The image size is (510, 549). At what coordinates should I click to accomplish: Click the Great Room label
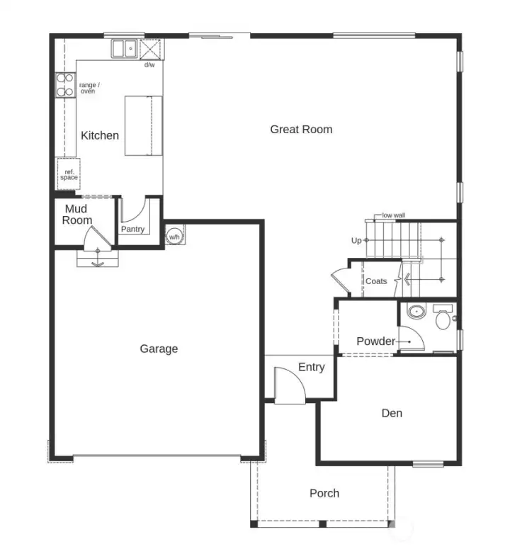click(x=301, y=129)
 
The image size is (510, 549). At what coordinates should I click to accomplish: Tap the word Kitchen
click(x=100, y=135)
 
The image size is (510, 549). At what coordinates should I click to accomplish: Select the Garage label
click(x=159, y=349)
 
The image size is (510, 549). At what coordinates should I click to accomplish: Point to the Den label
click(x=392, y=413)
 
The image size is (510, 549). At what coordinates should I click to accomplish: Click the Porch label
click(x=324, y=493)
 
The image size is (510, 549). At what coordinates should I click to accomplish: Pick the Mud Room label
click(x=77, y=214)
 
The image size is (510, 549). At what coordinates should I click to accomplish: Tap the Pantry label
click(x=132, y=229)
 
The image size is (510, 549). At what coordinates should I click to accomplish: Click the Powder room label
click(x=375, y=341)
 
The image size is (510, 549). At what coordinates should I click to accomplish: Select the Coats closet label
click(x=376, y=281)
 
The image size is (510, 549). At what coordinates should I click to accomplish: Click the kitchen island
click(x=144, y=125)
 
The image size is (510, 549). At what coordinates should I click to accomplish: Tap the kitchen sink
click(x=125, y=49)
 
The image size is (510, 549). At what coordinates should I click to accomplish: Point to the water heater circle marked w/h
click(x=174, y=237)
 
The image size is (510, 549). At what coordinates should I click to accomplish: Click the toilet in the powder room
click(x=443, y=318)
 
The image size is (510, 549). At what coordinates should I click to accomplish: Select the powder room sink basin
click(x=415, y=312)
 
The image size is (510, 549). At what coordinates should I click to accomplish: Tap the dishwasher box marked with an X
click(x=151, y=49)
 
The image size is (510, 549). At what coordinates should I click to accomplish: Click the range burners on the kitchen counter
click(x=65, y=85)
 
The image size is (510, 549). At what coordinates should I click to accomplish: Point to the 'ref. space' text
click(x=69, y=174)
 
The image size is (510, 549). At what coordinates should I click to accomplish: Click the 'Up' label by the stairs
click(x=356, y=241)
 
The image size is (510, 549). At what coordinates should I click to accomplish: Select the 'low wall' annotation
click(x=393, y=215)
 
